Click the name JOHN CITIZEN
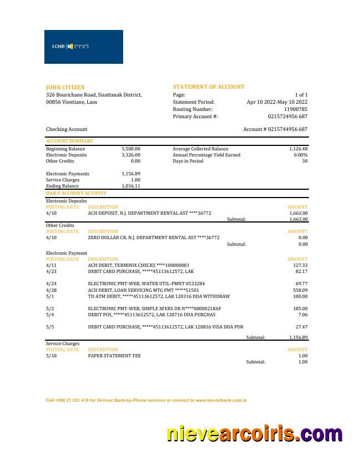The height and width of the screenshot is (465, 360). tap(65, 87)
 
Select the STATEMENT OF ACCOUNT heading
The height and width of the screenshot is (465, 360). tap(209, 87)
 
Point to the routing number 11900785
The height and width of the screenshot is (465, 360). tap(295, 109)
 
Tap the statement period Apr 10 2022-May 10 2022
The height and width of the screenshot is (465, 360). tap(277, 102)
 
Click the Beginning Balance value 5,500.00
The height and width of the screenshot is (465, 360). tap(131, 149)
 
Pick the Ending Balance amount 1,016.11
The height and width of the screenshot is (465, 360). tap(131, 186)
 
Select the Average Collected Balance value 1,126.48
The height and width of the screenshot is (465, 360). tap(298, 149)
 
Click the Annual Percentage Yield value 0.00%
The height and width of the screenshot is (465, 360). tap(300, 155)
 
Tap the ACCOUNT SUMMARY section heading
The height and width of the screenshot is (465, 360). tap(69, 141)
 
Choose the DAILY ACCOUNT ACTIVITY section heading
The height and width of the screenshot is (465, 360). tap(76, 193)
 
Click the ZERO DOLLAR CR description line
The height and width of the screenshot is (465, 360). tap(154, 237)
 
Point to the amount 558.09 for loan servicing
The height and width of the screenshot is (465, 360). tap(300, 290)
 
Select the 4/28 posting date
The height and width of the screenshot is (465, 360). tap(51, 290)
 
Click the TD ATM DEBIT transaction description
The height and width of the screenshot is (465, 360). tap(159, 296)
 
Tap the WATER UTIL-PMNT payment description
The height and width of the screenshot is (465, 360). tap(146, 283)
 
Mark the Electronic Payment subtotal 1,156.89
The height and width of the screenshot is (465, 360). tap(298, 337)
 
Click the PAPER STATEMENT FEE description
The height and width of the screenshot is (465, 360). tap(114, 356)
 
